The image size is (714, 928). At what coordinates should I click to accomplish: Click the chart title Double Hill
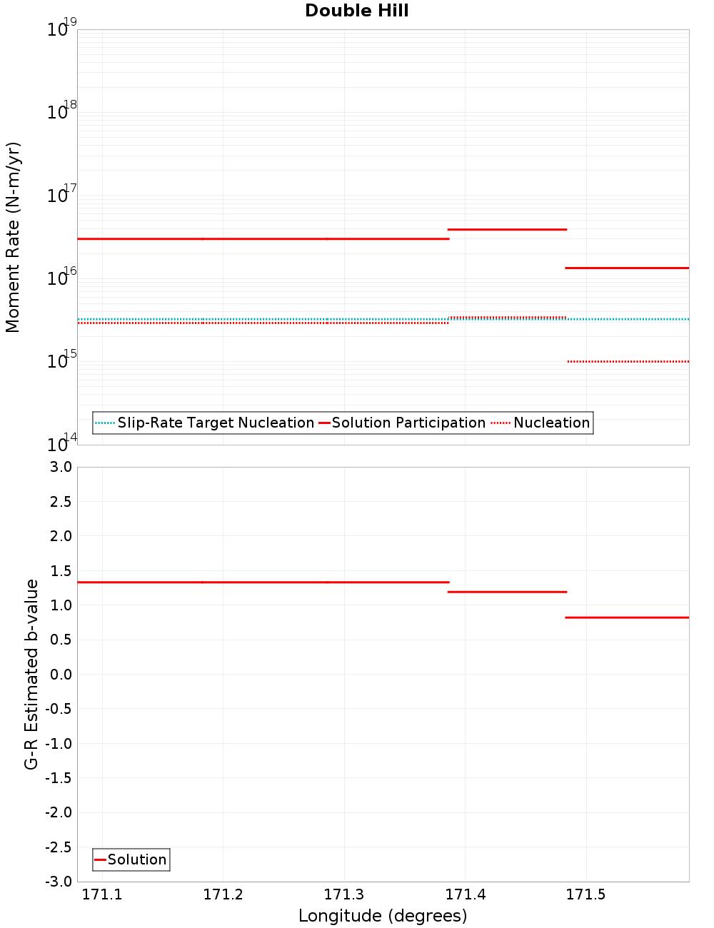point(356,11)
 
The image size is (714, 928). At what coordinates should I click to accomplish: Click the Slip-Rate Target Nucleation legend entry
point(215,423)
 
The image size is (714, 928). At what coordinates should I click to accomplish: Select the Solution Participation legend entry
point(408,423)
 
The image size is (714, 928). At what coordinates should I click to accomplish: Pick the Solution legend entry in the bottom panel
point(136,859)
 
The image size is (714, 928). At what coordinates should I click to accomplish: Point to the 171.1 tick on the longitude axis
point(102,894)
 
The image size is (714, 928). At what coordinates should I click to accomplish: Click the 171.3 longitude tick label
point(344,894)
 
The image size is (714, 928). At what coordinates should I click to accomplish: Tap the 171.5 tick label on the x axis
point(585,894)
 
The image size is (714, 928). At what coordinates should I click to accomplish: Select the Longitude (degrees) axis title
point(383,916)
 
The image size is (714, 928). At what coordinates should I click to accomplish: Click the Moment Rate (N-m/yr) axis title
point(13,237)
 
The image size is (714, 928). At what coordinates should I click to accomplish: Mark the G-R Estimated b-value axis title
point(31,674)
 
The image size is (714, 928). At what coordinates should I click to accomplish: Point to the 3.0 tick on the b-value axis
point(60,467)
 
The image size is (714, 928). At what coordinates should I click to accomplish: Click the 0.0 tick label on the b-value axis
point(60,674)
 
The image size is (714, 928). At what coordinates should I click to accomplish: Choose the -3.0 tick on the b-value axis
point(59,882)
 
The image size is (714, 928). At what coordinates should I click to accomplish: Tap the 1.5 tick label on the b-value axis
point(60,570)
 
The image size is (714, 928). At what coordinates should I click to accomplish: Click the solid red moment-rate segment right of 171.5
point(627,268)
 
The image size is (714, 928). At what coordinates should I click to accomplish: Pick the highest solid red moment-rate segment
point(507,229)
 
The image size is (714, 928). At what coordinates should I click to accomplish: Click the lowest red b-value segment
point(627,617)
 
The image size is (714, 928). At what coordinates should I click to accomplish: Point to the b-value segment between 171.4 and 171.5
point(507,592)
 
